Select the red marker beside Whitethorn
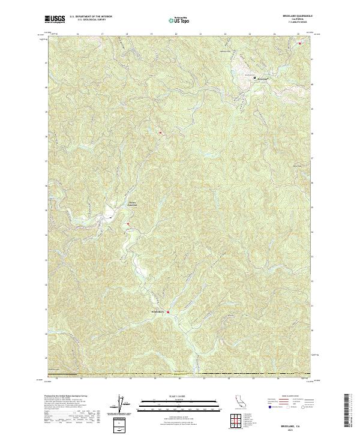pos(169,312)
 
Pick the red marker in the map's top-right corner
pos(299,41)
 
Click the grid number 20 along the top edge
pos(176,34)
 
